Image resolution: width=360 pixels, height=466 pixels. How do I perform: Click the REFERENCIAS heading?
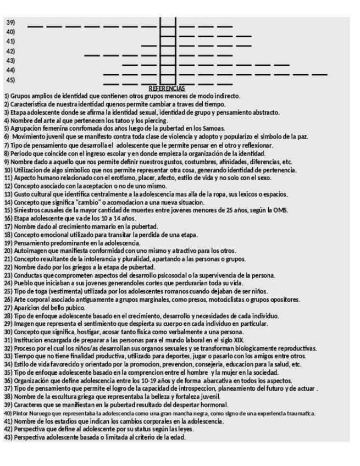(168, 88)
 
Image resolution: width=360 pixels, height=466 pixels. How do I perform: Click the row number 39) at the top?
(10, 23)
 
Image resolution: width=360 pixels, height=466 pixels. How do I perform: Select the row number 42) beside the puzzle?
(10, 51)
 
